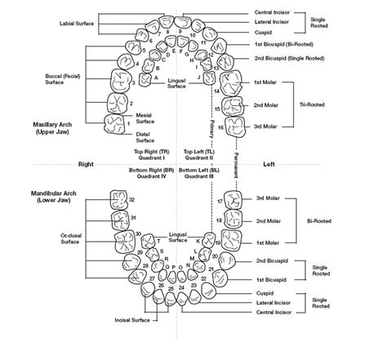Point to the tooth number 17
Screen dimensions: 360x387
pos(220,201)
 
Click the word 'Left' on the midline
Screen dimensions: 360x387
pos(269,164)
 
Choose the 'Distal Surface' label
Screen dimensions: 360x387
pos(145,137)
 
